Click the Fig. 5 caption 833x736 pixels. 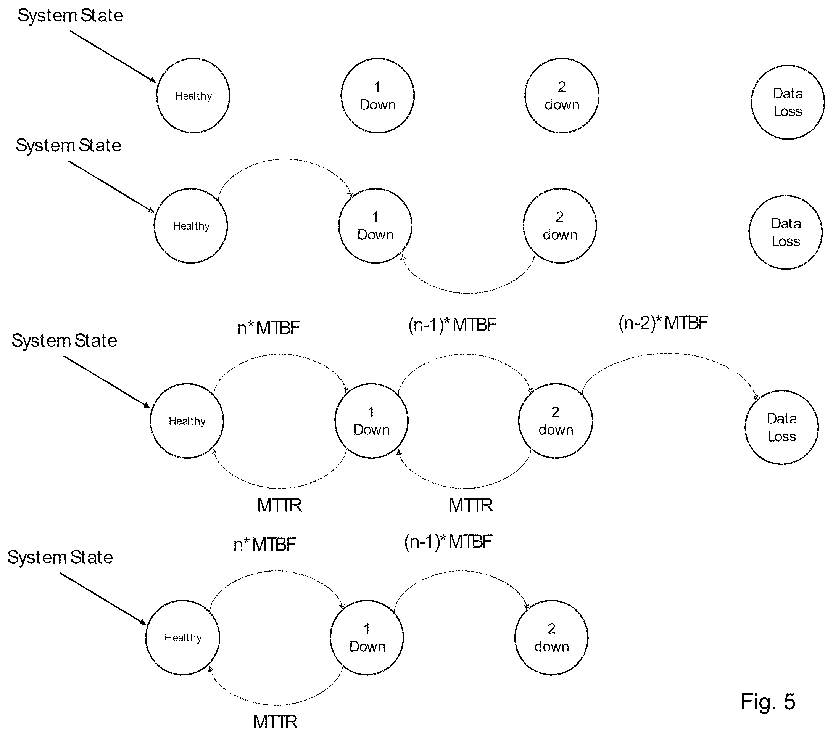tap(767, 701)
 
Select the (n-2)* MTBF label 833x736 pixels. tap(664, 323)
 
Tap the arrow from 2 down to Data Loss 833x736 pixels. tap(669, 354)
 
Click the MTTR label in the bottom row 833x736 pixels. tap(276, 722)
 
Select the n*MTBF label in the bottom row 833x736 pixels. tap(265, 544)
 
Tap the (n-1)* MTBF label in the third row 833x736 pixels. tap(452, 325)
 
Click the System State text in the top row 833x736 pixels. tap(71, 16)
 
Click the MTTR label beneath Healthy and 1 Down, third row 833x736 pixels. tap(280, 505)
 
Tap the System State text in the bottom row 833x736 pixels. tap(60, 557)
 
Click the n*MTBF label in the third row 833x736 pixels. tap(269, 328)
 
